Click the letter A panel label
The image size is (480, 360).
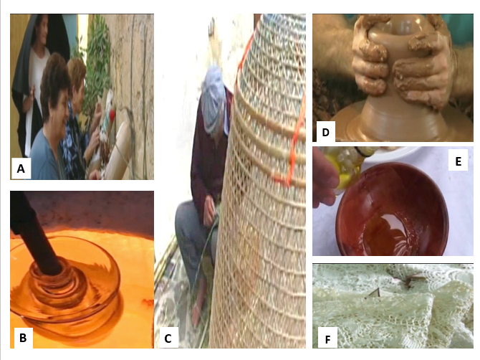click(x=21, y=169)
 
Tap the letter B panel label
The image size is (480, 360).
click(x=23, y=338)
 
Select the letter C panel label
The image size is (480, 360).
click(x=168, y=338)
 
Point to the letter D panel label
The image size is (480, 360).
click(x=326, y=132)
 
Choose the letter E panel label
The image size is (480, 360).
click(x=458, y=161)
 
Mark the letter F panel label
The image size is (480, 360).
click(x=327, y=339)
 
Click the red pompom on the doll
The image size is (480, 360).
click(x=112, y=115)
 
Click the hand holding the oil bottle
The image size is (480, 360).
click(x=325, y=181)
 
